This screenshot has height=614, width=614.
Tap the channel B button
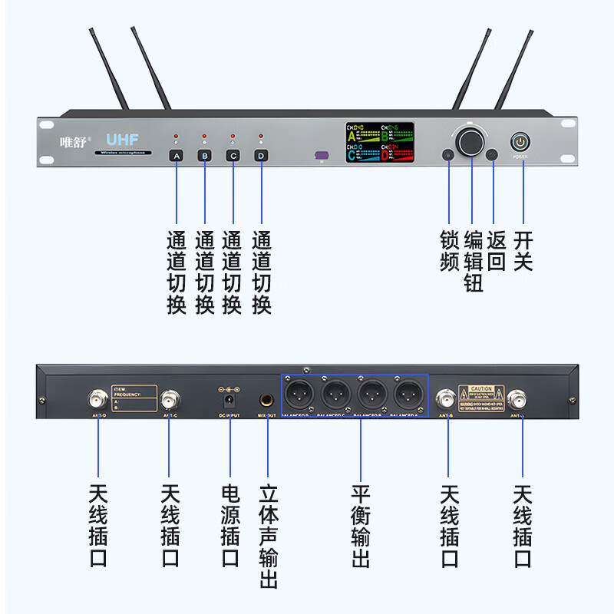(x=204, y=156)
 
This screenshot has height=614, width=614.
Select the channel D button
(x=262, y=156)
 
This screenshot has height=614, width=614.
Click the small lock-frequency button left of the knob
(x=448, y=155)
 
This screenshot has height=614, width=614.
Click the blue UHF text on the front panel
(x=122, y=140)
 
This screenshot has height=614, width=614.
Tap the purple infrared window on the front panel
(x=322, y=155)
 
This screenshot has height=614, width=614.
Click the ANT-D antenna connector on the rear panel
(x=98, y=400)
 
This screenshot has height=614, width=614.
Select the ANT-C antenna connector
(x=170, y=400)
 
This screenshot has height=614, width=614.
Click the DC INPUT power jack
(x=229, y=400)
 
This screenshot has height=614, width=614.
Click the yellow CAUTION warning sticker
(x=481, y=396)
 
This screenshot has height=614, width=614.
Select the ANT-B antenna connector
(x=446, y=399)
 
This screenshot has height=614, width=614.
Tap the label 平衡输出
(x=361, y=526)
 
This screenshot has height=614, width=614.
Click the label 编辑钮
(x=474, y=262)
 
